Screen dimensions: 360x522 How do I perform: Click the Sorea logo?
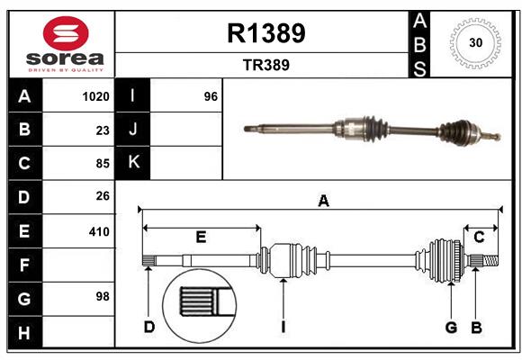coord(62,44)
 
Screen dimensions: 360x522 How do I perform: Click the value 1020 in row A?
coord(96,96)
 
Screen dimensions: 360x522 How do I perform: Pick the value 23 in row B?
coord(103,130)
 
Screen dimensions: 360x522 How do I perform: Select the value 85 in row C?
coord(103,164)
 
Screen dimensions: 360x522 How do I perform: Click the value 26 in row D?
coord(103,196)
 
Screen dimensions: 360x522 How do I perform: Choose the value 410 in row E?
coord(99,231)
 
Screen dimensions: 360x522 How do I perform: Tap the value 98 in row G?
coord(103,296)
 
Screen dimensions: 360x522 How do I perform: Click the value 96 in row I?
coord(211,96)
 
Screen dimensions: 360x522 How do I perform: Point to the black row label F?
coord(24,265)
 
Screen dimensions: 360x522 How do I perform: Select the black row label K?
coord(133,163)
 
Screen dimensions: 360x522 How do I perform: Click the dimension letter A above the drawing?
coord(322,202)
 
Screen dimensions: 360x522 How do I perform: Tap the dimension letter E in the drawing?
coord(201,237)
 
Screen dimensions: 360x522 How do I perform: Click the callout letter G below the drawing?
coord(451,327)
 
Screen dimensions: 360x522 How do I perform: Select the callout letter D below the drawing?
coord(149,327)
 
